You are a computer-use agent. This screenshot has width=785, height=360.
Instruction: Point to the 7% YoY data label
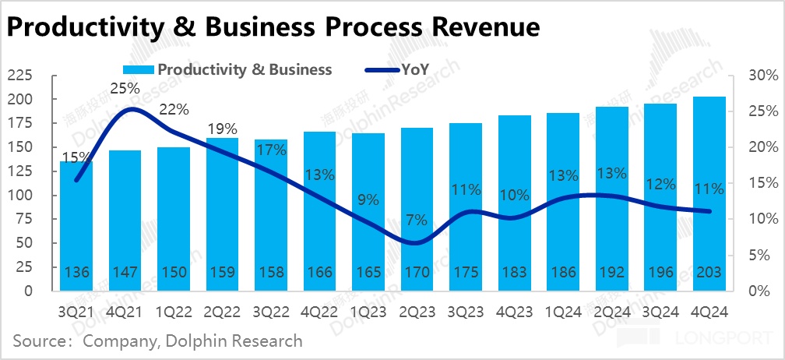pos(417,220)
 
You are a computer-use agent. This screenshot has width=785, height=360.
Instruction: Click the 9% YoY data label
pos(368,199)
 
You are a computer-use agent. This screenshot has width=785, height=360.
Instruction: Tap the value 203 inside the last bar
pos(709,273)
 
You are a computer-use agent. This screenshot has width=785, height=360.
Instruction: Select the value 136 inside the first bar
pos(76,273)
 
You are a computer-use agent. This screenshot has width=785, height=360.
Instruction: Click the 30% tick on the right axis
pos(762,76)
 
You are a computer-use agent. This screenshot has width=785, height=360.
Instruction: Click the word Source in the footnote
pos(39,341)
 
